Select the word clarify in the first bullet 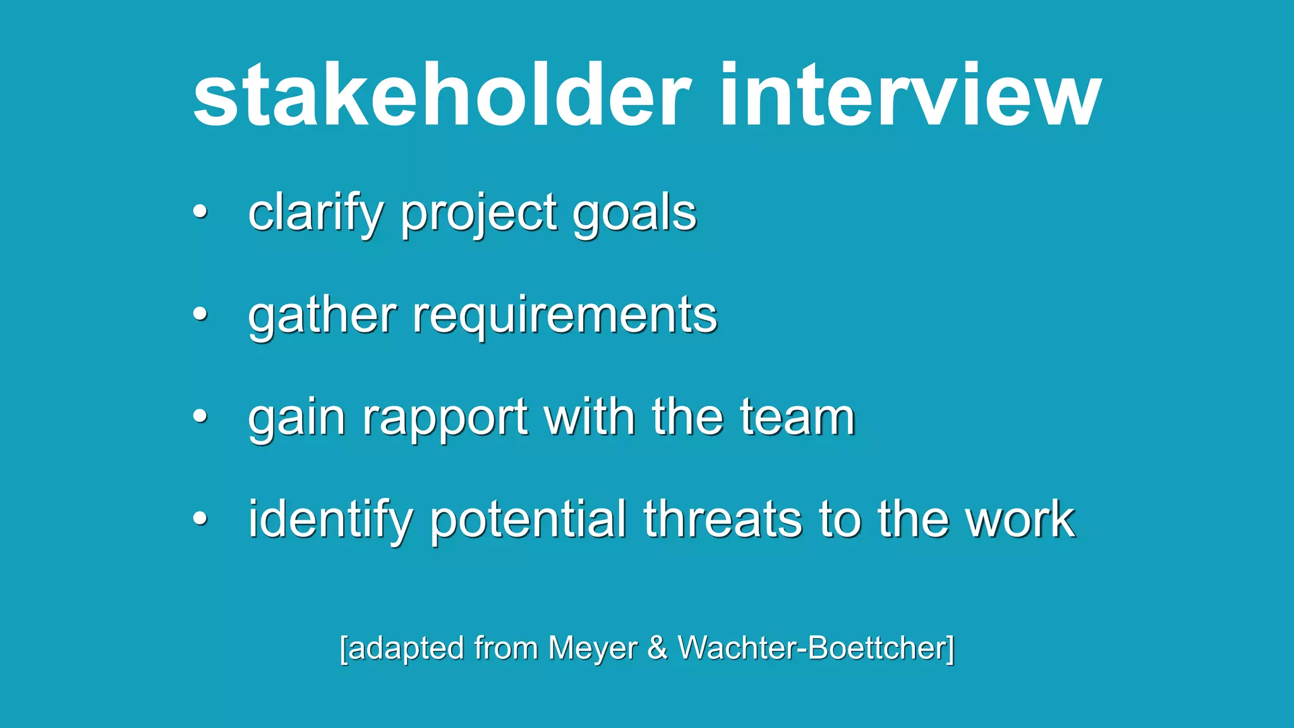point(315,214)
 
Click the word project point(479,214)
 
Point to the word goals point(634,214)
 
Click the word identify point(330,519)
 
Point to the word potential point(528,519)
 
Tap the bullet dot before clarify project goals point(200,212)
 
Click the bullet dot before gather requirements point(200,313)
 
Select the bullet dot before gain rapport point(200,416)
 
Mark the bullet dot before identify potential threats point(200,518)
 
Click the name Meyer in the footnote point(593,648)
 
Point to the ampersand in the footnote point(657,648)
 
